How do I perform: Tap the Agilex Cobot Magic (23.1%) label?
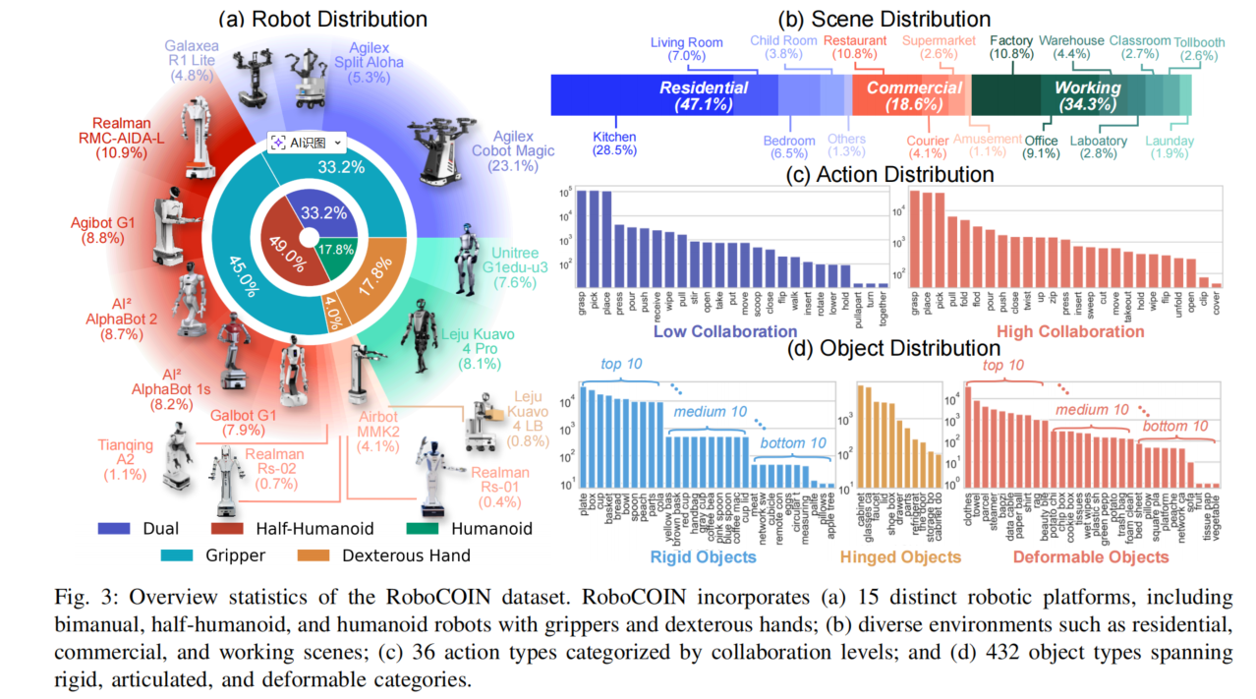tap(510, 150)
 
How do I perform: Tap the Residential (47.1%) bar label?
tap(703, 95)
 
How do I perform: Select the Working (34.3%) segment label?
tap(1087, 95)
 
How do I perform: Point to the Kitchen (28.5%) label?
tap(614, 144)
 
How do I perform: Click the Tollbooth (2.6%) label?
tap(1200, 48)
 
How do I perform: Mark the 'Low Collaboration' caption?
tap(725, 331)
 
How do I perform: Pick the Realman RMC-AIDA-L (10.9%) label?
tap(123, 140)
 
